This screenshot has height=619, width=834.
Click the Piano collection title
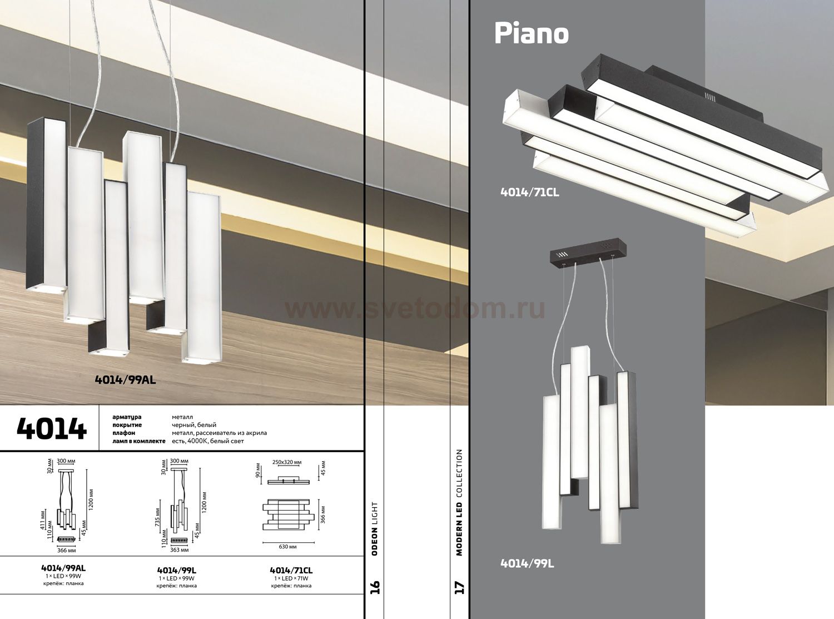(531, 33)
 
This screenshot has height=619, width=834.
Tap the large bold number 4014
(52, 429)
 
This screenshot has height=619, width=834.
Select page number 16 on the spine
(375, 587)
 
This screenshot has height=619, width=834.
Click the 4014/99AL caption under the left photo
(125, 380)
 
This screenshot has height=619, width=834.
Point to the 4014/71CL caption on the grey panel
(529, 192)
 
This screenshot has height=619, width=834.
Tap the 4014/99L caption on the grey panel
(527, 564)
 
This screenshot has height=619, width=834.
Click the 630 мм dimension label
(288, 546)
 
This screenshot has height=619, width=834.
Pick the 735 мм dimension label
(157, 516)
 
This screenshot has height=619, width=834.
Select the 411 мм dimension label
(42, 519)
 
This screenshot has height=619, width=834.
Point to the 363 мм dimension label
(180, 550)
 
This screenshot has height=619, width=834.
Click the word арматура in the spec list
(127, 417)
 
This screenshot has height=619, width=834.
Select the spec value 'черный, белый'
(194, 425)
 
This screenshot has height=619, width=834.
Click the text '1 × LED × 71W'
(291, 578)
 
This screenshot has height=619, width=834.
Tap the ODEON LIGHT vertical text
(375, 528)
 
